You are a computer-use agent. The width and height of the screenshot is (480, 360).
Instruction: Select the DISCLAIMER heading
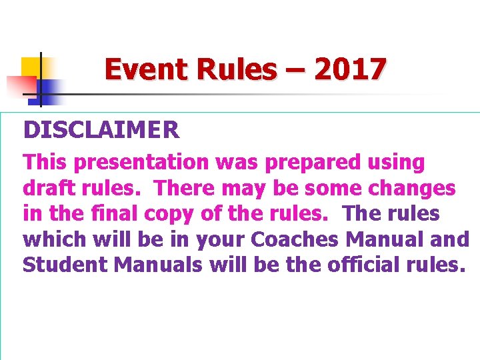[101, 129]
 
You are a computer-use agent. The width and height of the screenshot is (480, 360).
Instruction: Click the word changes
[411, 189]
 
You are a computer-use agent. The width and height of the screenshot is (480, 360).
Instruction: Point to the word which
[55, 239]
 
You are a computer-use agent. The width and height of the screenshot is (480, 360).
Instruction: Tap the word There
[185, 189]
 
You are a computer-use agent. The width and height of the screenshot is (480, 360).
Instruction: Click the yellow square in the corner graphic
[31, 67]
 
